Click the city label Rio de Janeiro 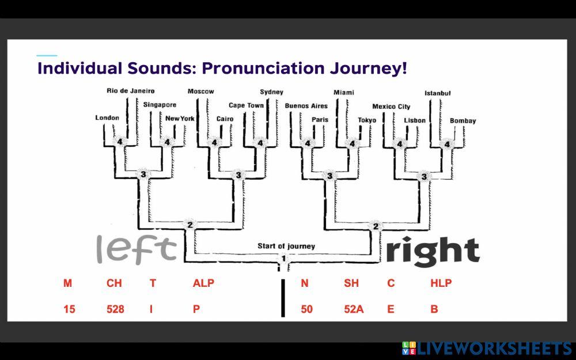click(x=131, y=91)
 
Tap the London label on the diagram click(x=107, y=118)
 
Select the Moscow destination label click(x=200, y=92)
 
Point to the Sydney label click(x=271, y=92)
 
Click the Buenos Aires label click(x=306, y=106)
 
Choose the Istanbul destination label click(x=438, y=93)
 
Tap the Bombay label click(x=463, y=121)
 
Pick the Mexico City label click(x=391, y=107)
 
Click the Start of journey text click(x=286, y=246)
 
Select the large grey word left click(x=137, y=249)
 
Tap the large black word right click(x=433, y=251)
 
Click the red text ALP click(x=203, y=283)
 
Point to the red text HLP click(x=441, y=283)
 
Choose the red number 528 click(x=115, y=309)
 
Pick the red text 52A click(x=354, y=309)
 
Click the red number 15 click(x=69, y=309)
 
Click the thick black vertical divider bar click(x=283, y=298)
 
